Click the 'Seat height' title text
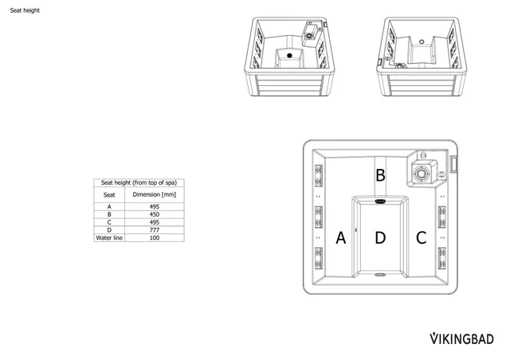[x=24, y=11]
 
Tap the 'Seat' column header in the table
[x=109, y=194]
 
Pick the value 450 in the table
[x=154, y=214]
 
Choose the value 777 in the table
[x=154, y=230]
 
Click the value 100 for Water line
[x=154, y=238]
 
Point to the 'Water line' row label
[x=109, y=238]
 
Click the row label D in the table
[x=109, y=230]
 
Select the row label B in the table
[x=109, y=214]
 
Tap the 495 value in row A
[x=154, y=206]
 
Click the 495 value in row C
[x=154, y=222]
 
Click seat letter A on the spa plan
[x=341, y=237]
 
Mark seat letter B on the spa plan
[x=381, y=174]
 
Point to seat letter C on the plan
[x=421, y=237]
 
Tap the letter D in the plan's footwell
[x=380, y=237]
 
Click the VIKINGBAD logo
[x=462, y=338]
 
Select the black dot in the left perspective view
[x=289, y=56]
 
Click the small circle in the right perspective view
[x=419, y=41]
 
